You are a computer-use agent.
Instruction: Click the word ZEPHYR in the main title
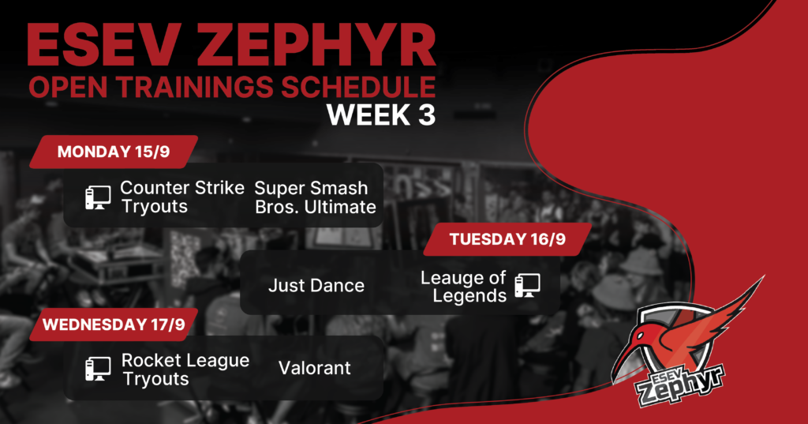click(316, 45)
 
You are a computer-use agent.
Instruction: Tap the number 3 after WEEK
click(427, 115)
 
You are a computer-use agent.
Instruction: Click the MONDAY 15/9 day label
click(114, 152)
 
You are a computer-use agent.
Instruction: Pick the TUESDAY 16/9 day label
click(507, 239)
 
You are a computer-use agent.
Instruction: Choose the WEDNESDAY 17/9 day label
click(114, 325)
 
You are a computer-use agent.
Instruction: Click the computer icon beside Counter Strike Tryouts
click(98, 197)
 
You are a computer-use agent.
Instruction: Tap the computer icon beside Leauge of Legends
click(528, 285)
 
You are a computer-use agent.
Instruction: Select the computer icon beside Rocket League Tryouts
click(98, 370)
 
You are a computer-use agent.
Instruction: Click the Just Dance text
click(316, 286)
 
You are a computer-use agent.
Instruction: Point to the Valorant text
click(315, 368)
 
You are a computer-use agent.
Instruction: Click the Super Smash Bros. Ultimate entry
click(316, 197)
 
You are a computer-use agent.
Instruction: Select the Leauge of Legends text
click(463, 287)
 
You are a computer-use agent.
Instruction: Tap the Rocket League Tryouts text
click(185, 370)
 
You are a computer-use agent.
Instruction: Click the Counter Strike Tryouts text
click(182, 197)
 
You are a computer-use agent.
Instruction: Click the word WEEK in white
click(368, 115)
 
